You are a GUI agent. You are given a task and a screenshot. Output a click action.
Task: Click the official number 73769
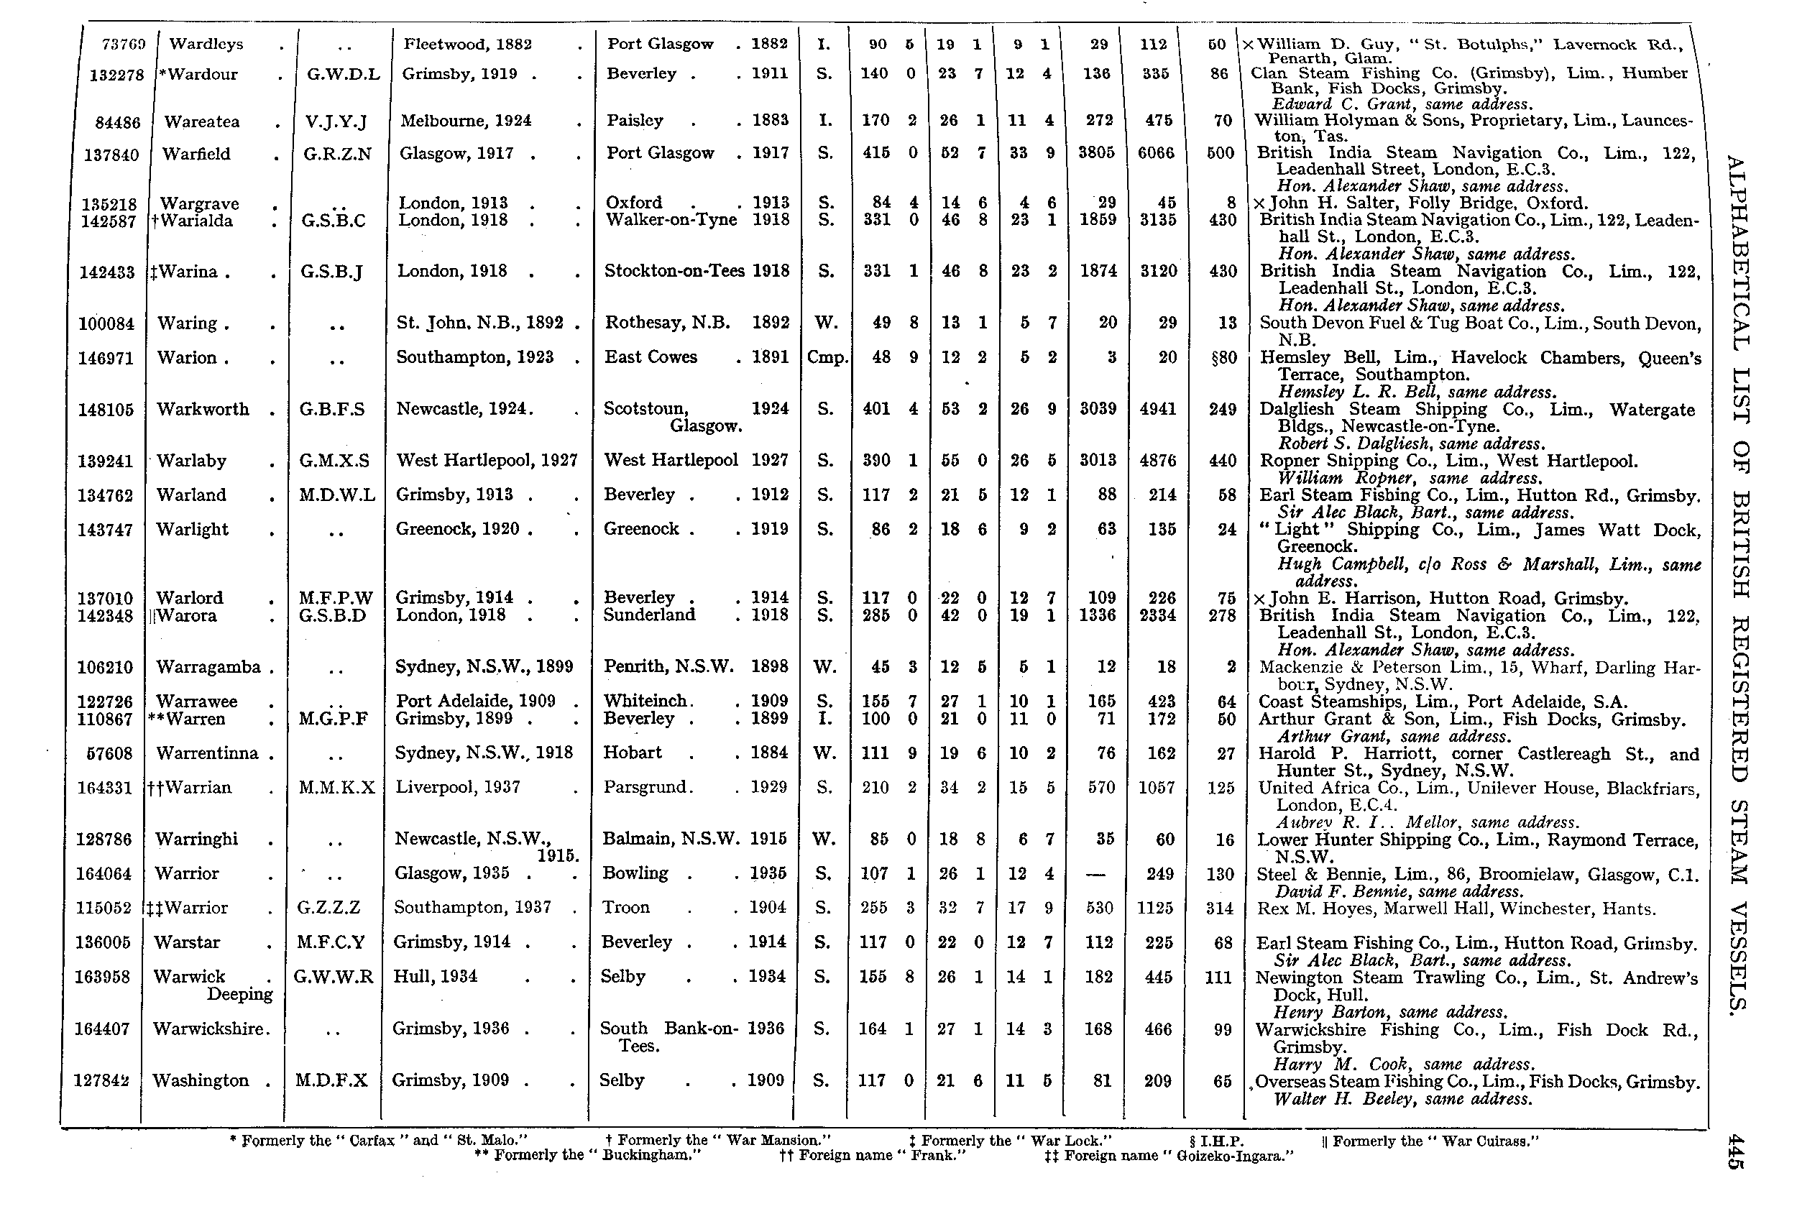[x=124, y=45]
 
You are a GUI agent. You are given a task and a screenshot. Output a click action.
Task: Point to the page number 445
[x=1735, y=1151]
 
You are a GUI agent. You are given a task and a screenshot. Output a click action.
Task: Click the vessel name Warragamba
[x=208, y=666]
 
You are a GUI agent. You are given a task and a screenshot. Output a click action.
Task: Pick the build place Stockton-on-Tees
[x=674, y=271]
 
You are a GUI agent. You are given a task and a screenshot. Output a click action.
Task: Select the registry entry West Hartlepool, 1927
[x=487, y=460]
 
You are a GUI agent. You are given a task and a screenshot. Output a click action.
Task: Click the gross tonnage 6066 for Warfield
[x=1156, y=153]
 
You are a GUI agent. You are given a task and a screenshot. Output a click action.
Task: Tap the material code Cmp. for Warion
[x=827, y=357]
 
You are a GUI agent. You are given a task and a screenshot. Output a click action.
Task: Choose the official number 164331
[x=105, y=788]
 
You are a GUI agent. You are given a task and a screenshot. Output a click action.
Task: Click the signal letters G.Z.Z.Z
[x=328, y=907]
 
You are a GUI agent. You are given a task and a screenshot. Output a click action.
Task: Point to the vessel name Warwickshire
[x=210, y=1029]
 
